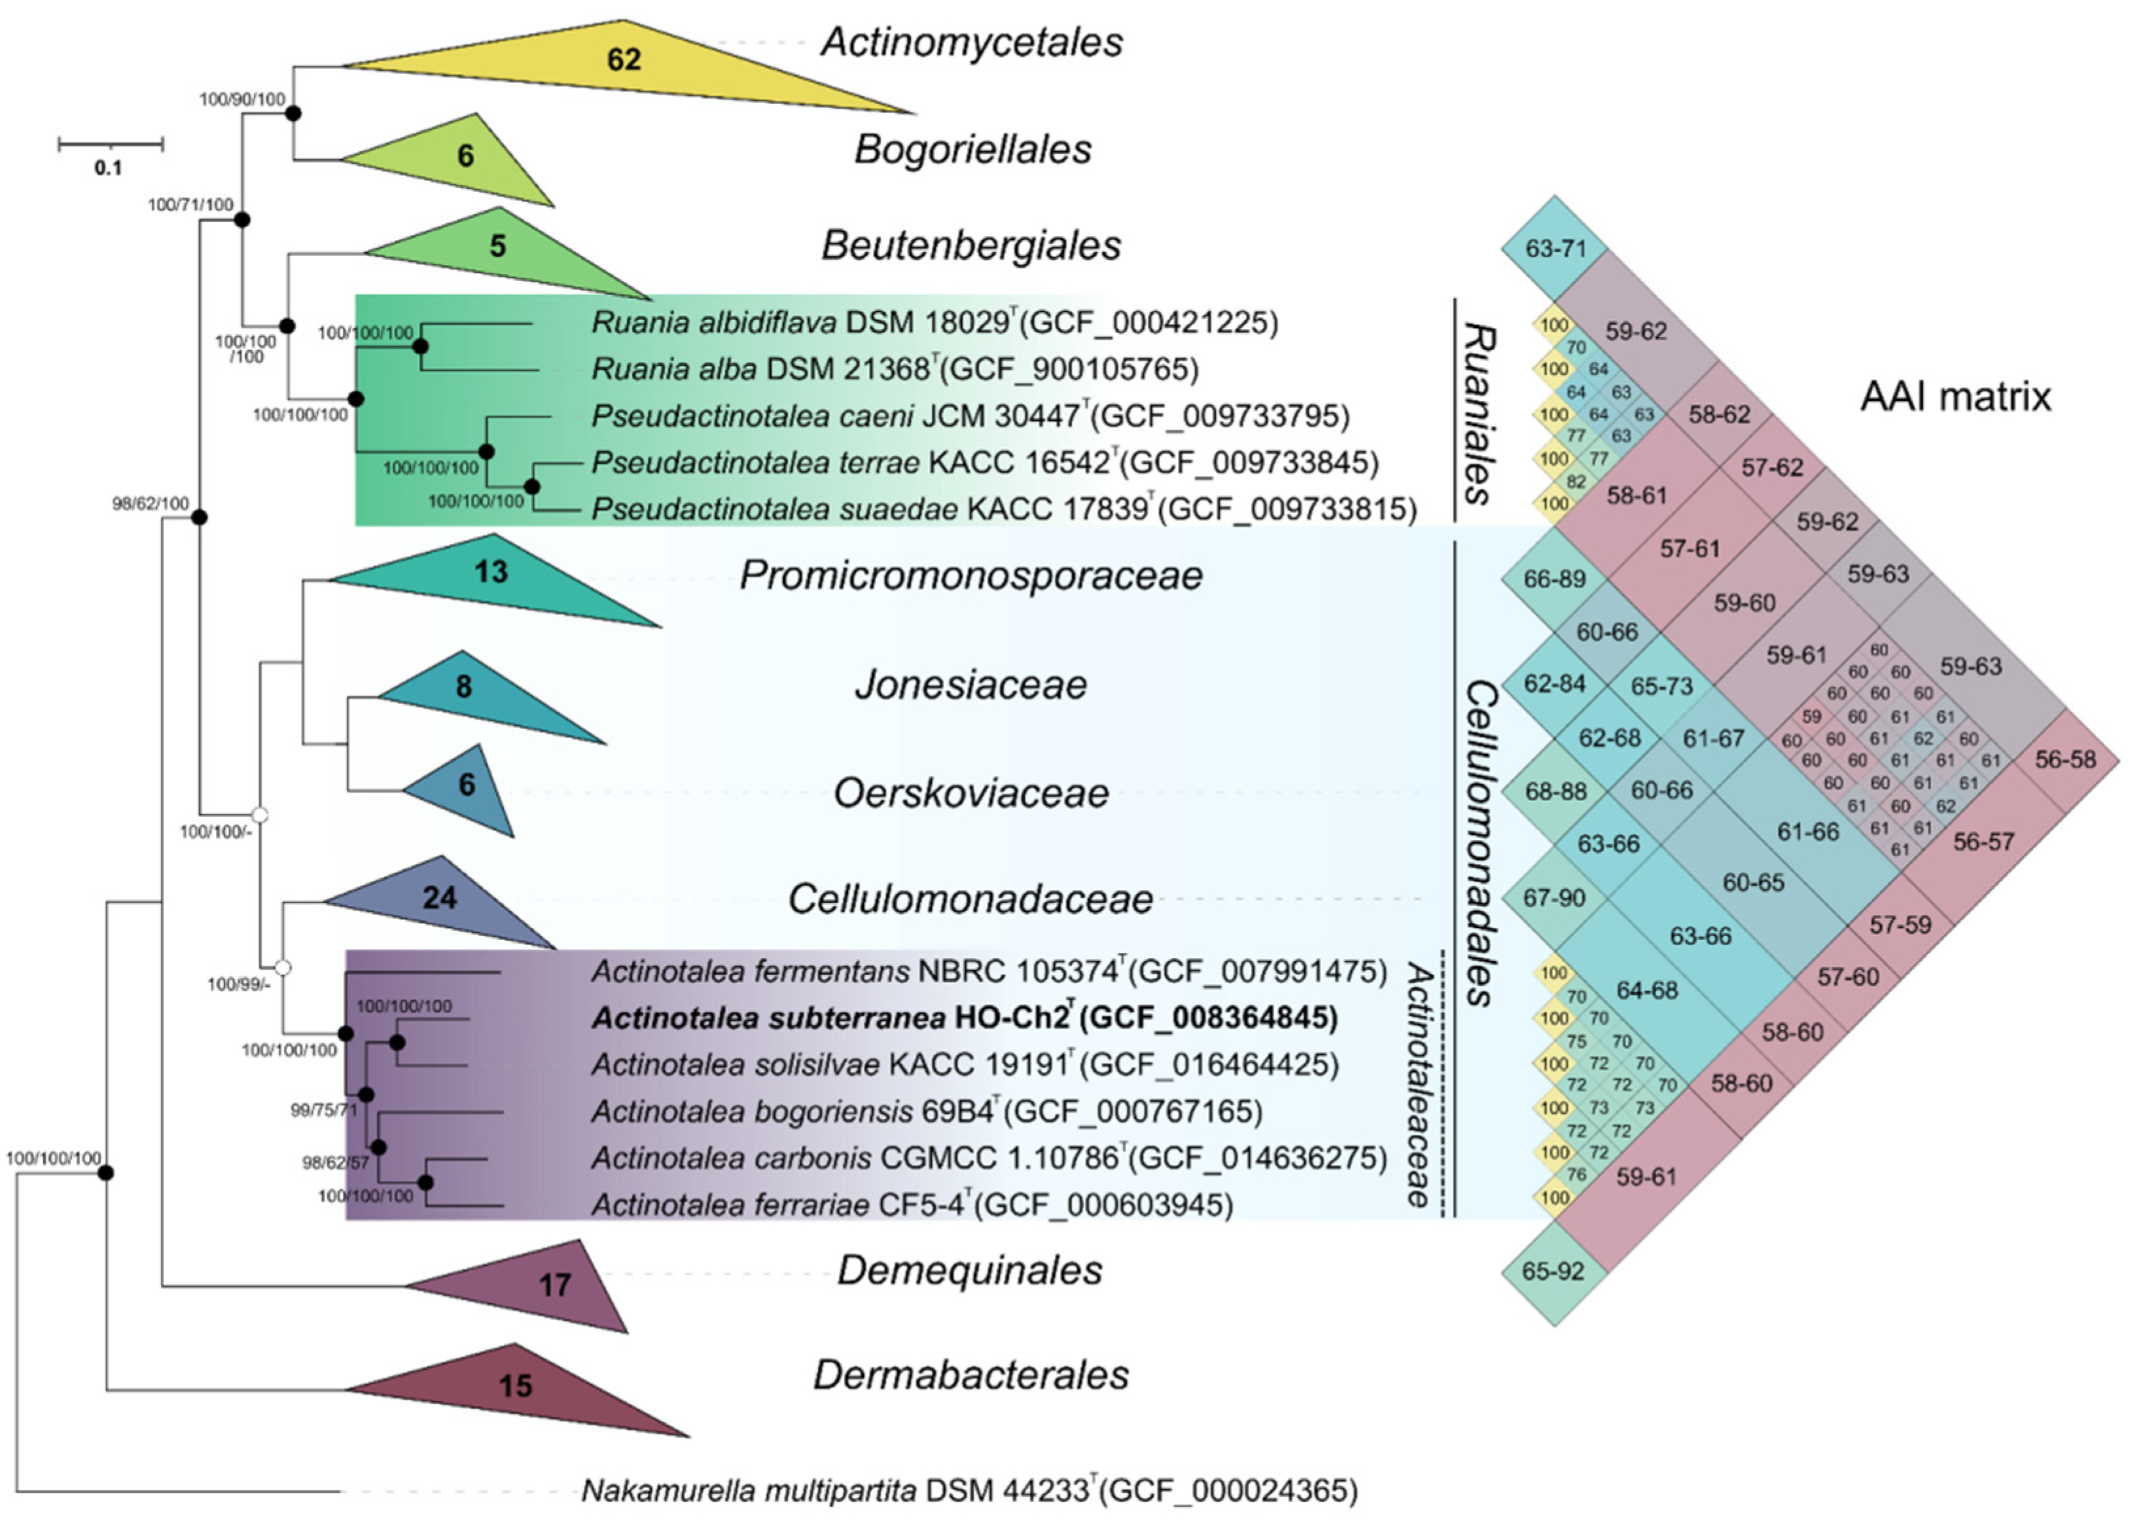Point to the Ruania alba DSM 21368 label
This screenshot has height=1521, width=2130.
894,370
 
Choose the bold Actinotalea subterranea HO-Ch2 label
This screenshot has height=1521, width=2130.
965,1018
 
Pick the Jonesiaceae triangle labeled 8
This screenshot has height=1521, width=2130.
465,689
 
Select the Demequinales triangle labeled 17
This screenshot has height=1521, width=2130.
554,1284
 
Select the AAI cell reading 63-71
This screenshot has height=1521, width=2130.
1555,249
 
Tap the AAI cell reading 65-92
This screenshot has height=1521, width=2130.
1553,1272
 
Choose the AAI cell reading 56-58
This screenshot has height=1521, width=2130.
2065,760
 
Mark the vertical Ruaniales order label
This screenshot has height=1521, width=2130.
1478,413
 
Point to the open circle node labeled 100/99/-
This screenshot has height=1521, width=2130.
282,967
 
